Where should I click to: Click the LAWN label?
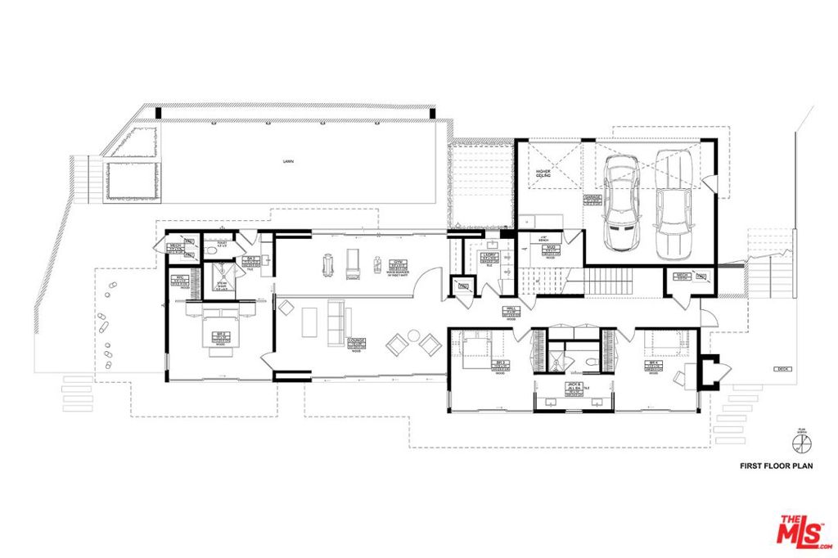pos(288,162)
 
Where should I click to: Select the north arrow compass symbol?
pos(801,443)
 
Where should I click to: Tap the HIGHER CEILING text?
pos(543,173)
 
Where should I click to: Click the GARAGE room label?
pos(592,199)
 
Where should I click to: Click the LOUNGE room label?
pos(356,343)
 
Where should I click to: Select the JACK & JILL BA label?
pos(574,389)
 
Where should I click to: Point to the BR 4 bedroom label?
pos(654,366)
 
